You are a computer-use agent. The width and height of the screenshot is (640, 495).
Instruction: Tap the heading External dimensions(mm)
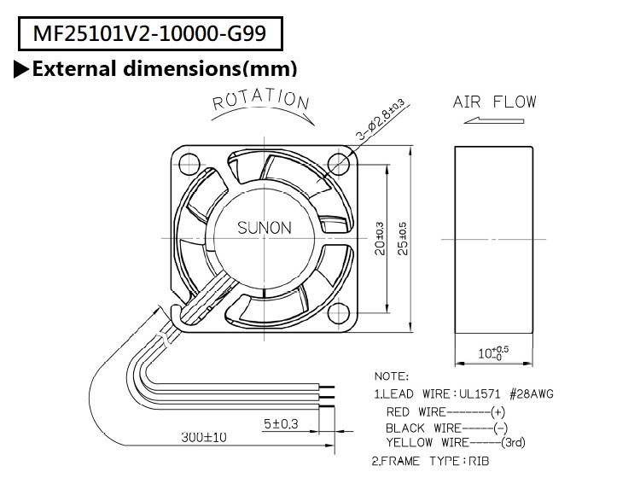point(164,68)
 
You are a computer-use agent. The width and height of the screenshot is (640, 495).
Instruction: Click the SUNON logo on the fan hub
point(264,228)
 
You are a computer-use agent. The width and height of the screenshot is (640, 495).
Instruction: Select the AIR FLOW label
point(495,102)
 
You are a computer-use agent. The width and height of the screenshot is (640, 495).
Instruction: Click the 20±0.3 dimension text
point(379,231)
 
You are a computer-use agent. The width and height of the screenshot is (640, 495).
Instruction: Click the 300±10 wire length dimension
point(204,438)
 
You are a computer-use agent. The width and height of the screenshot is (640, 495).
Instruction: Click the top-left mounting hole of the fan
point(189,158)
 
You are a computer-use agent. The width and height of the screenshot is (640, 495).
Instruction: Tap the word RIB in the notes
point(479,461)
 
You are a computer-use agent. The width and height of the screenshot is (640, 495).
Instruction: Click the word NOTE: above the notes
point(392,376)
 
